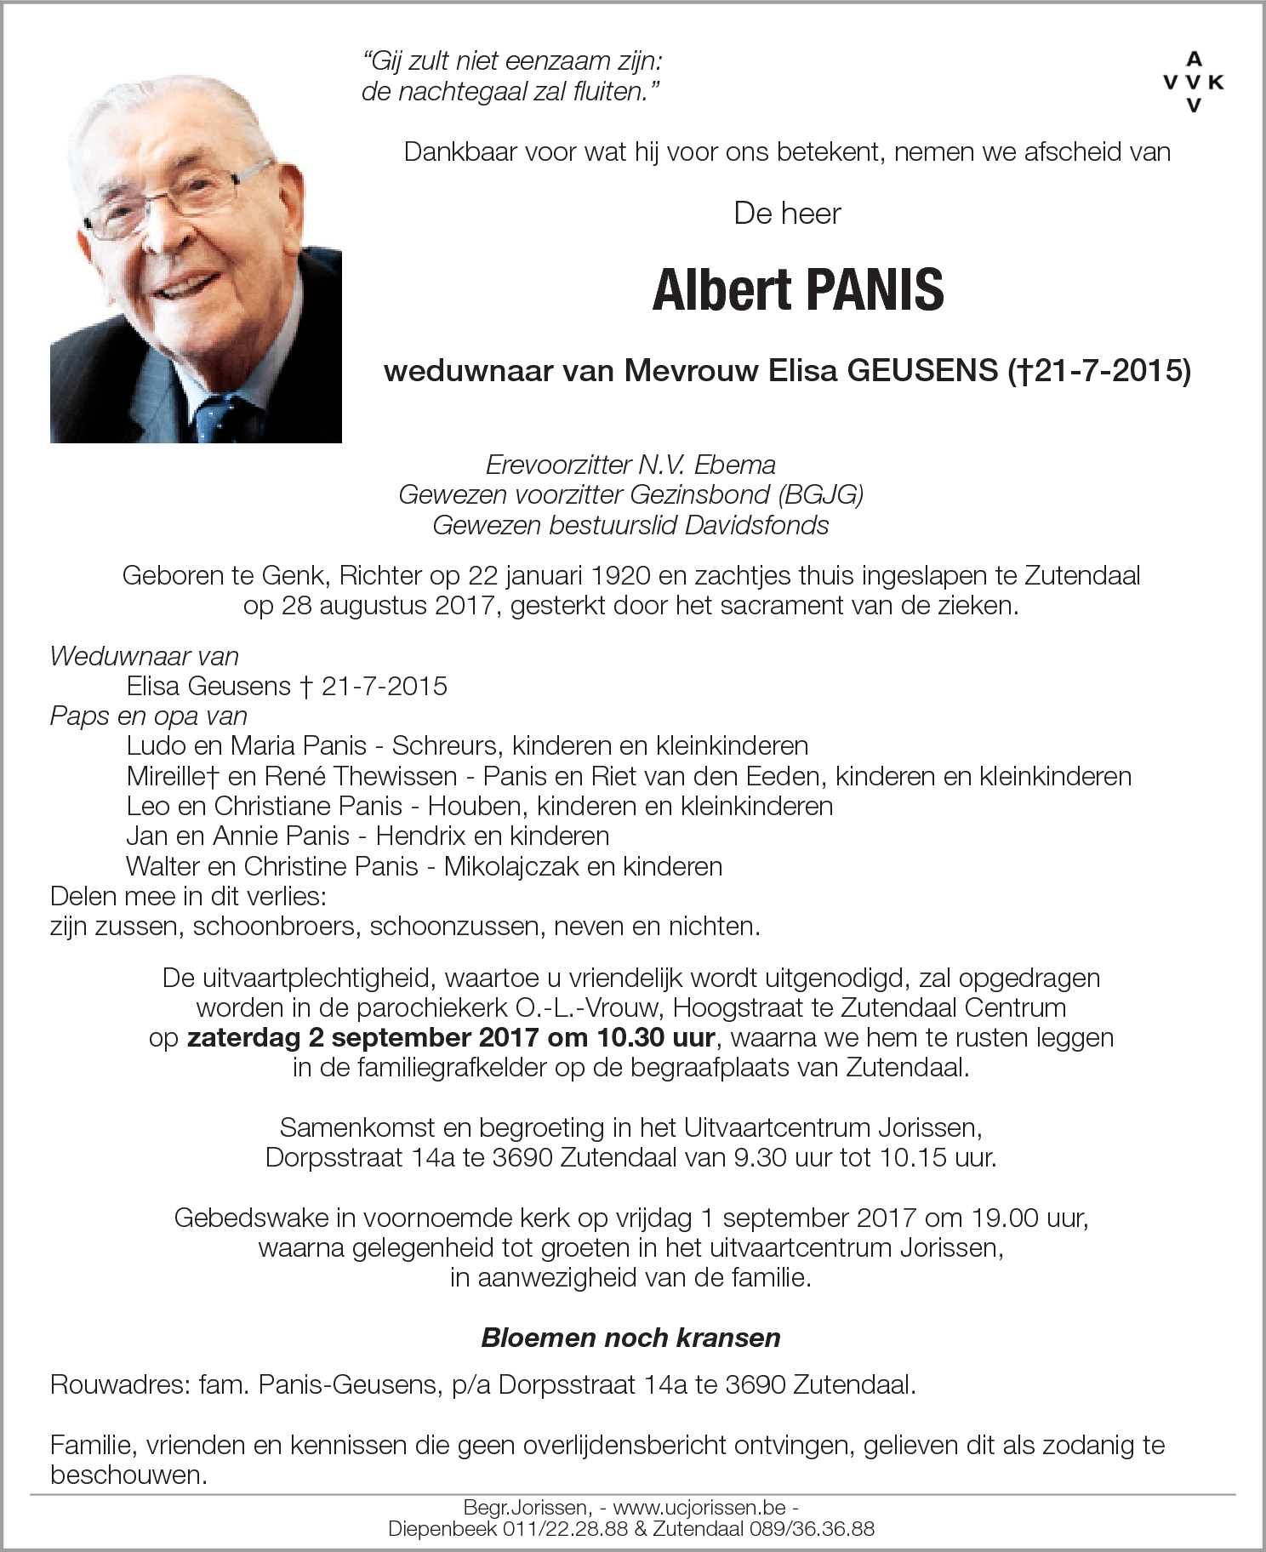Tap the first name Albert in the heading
click(x=721, y=289)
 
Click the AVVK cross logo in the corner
click(x=1194, y=82)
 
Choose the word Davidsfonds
click(x=756, y=526)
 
